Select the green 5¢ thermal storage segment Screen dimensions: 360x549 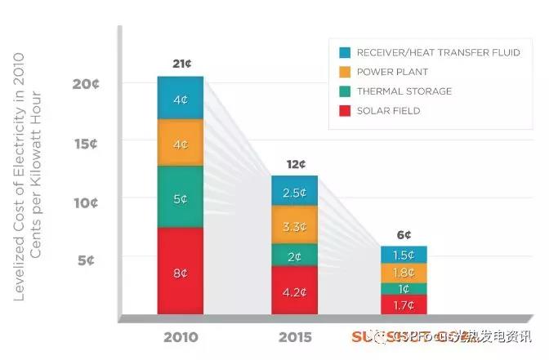click(180, 198)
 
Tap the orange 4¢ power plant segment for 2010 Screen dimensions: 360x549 click(180, 144)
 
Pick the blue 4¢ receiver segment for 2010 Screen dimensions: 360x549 click(180, 100)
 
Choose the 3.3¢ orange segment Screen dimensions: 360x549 click(294, 225)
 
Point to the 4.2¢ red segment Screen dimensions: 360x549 click(294, 290)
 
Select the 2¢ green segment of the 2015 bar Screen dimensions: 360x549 click(294, 256)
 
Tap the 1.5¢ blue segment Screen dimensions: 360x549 click(404, 255)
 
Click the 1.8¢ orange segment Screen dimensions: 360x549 click(404, 273)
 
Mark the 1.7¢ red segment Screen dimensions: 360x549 click(404, 305)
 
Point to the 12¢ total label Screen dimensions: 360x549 click(294, 164)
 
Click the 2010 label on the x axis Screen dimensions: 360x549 click(180, 336)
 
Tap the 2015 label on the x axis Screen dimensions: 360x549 click(294, 336)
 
